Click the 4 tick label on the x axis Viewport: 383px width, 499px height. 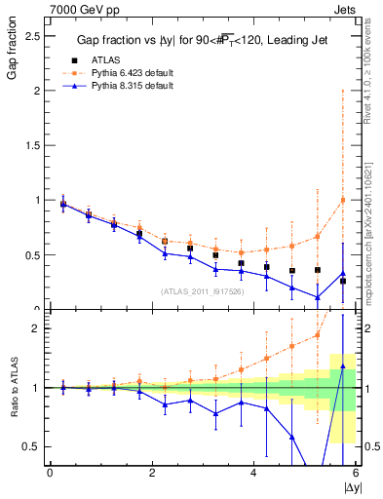click(x=253, y=473)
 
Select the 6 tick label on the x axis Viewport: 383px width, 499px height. click(x=356, y=473)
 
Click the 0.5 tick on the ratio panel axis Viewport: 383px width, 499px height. click(x=34, y=446)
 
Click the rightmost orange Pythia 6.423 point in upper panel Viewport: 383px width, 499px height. click(x=342, y=200)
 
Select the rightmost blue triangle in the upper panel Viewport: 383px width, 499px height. click(x=342, y=274)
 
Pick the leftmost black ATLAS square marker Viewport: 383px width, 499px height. click(x=63, y=205)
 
